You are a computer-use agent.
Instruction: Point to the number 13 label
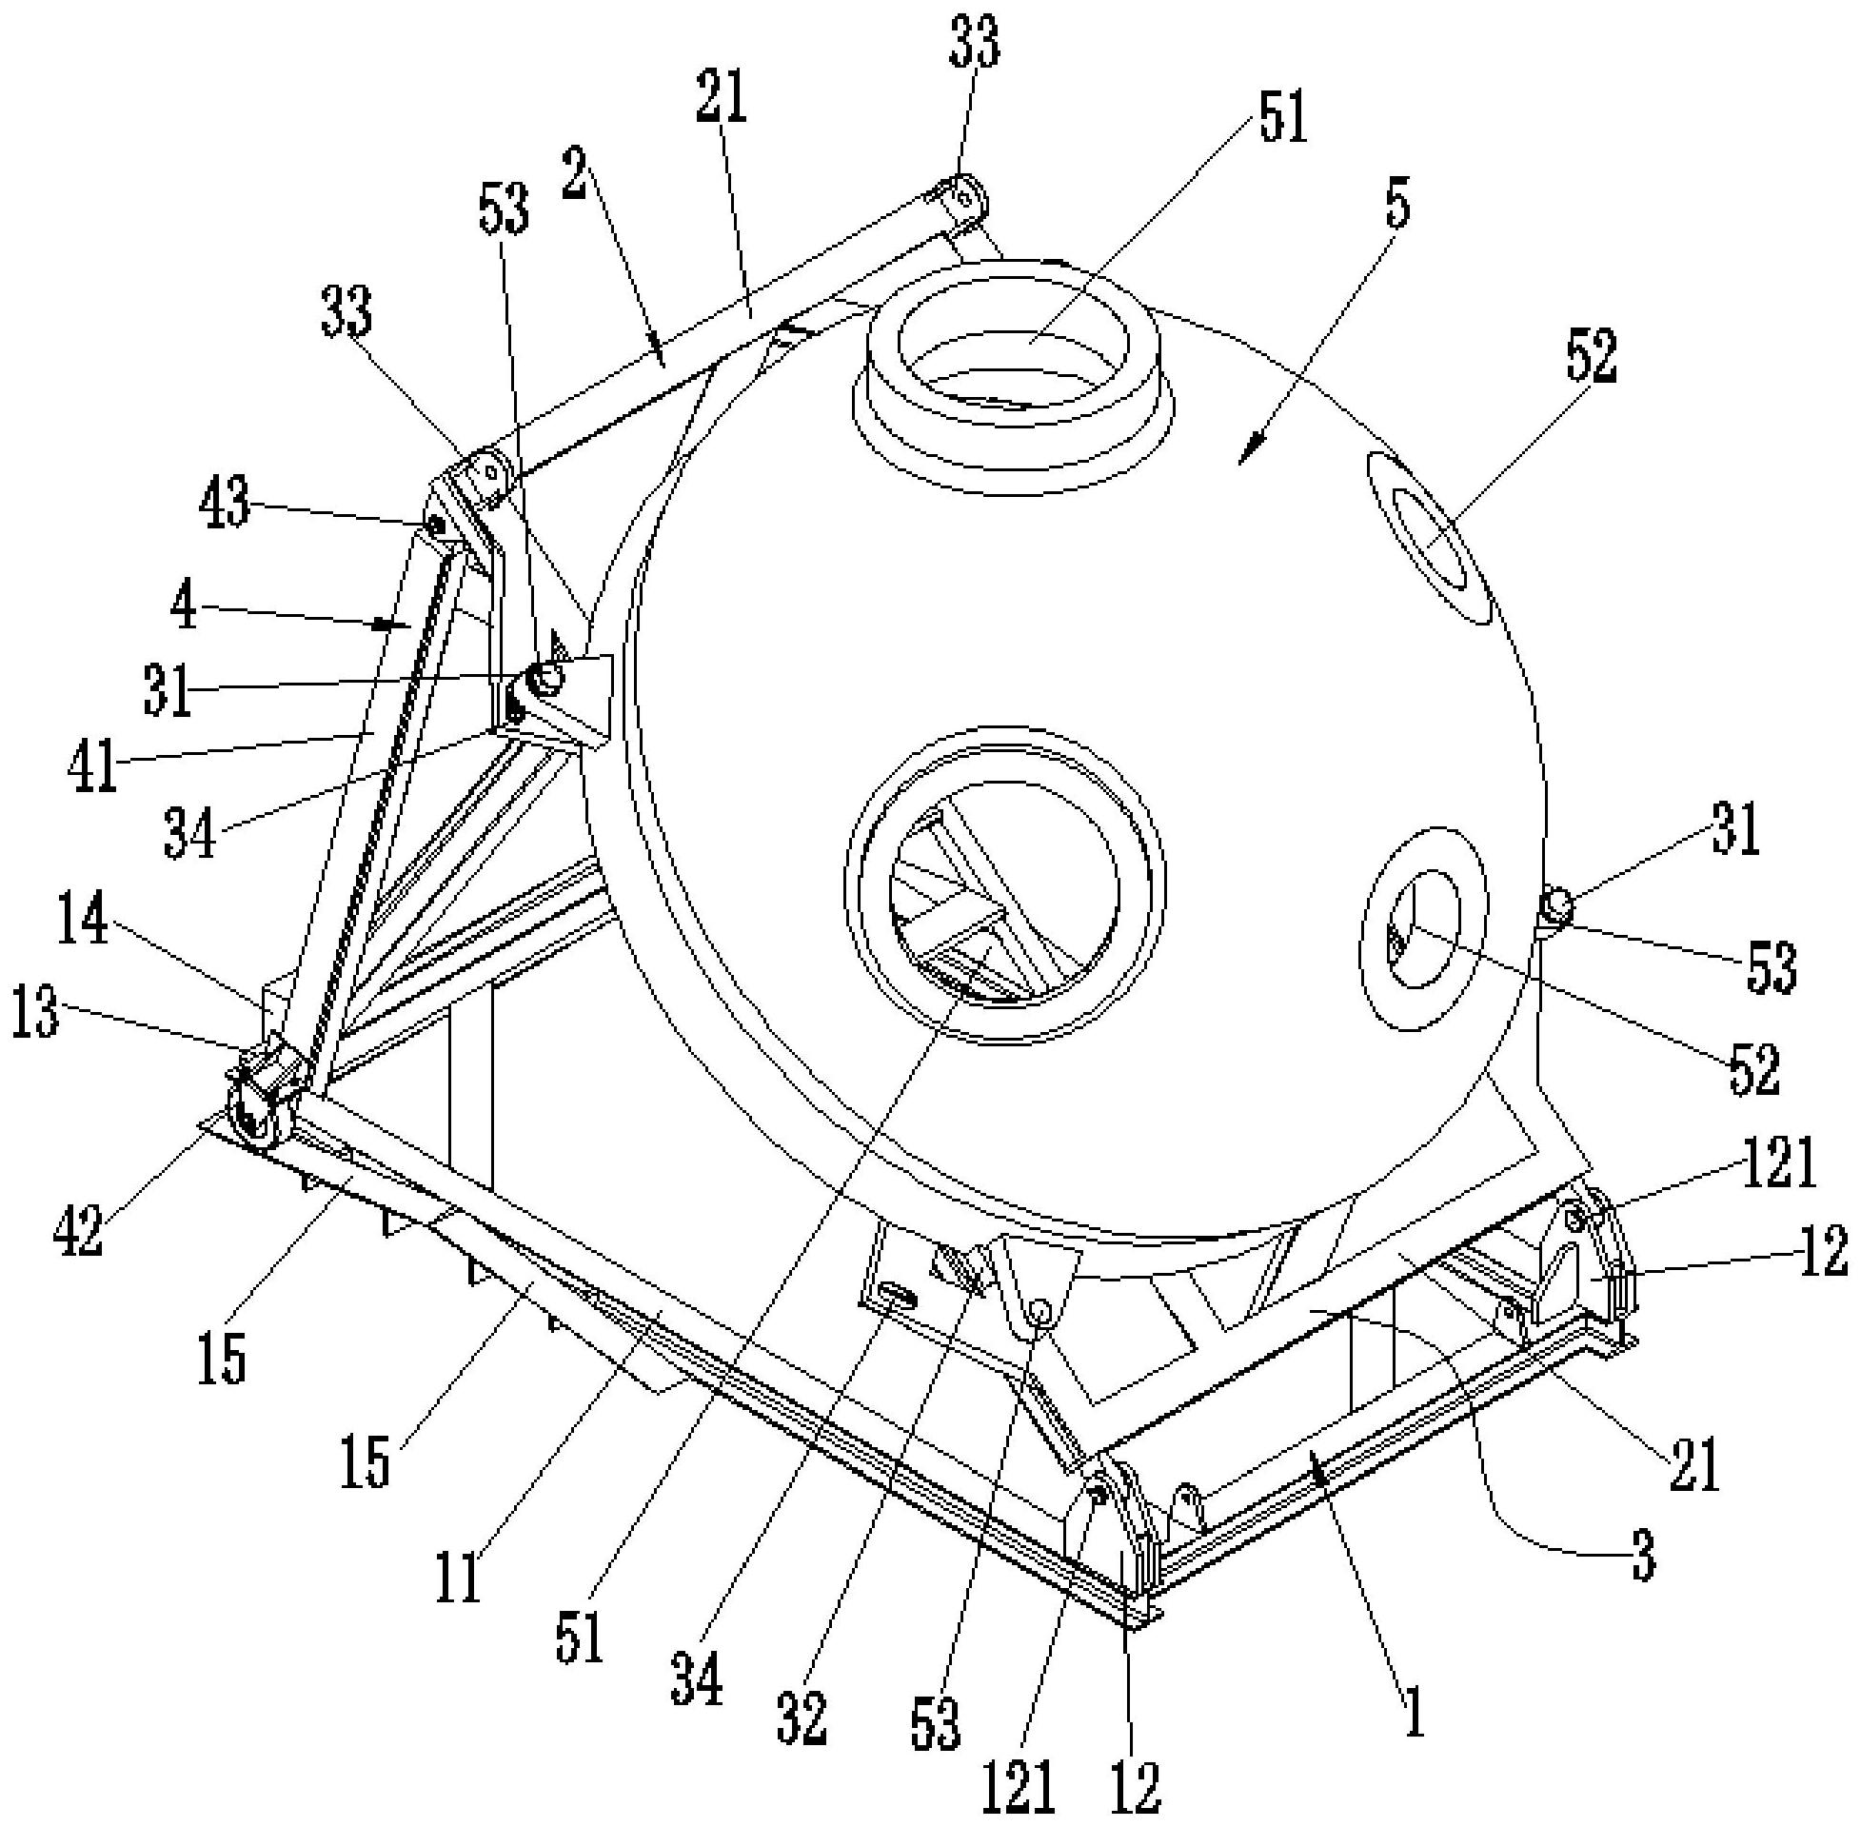click(x=35, y=1015)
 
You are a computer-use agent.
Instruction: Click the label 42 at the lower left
click(x=78, y=1231)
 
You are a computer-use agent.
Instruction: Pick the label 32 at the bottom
click(x=801, y=1716)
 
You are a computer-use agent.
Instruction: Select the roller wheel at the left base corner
click(x=251, y=1117)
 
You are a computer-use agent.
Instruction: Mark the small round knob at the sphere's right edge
click(x=1554, y=904)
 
